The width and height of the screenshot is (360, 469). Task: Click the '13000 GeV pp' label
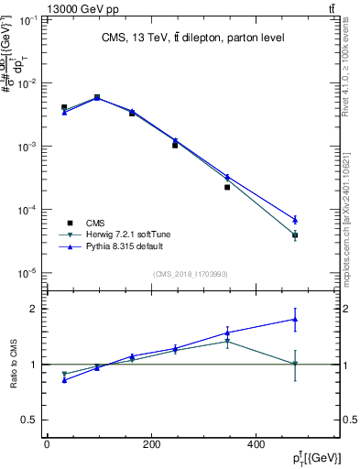(x=40, y=7)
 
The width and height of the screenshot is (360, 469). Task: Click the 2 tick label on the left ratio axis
(x=32, y=309)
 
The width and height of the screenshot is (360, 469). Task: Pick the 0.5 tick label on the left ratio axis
(x=27, y=420)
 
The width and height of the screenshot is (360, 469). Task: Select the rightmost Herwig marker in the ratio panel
(x=295, y=365)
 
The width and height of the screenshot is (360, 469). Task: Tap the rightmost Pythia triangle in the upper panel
(x=295, y=219)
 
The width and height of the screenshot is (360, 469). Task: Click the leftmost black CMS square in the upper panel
(x=64, y=107)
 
